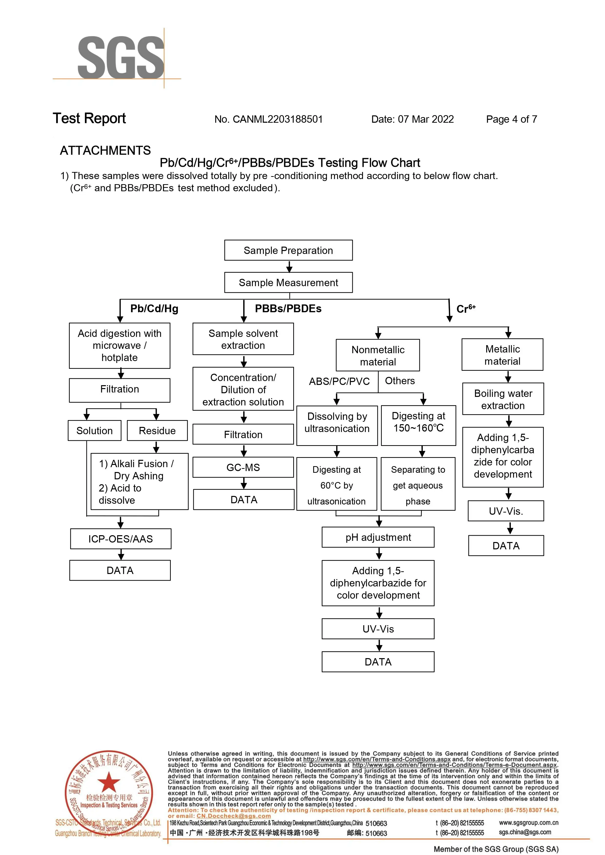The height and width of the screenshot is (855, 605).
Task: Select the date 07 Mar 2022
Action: [x=425, y=119]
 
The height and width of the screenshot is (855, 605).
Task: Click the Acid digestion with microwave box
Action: [x=119, y=345]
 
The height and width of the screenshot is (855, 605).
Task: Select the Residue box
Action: [x=157, y=431]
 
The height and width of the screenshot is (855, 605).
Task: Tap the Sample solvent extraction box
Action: [x=243, y=339]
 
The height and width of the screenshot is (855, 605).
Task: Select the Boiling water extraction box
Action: [x=503, y=399]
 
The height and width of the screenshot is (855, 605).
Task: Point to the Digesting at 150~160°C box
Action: [x=418, y=425]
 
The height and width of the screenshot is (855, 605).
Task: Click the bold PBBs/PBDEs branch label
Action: [x=288, y=309]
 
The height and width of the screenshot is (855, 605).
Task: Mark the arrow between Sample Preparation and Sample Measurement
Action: [x=289, y=266]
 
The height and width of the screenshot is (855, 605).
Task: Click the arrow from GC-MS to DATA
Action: [x=244, y=483]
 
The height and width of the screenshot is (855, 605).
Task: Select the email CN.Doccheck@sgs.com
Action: [x=233, y=816]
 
